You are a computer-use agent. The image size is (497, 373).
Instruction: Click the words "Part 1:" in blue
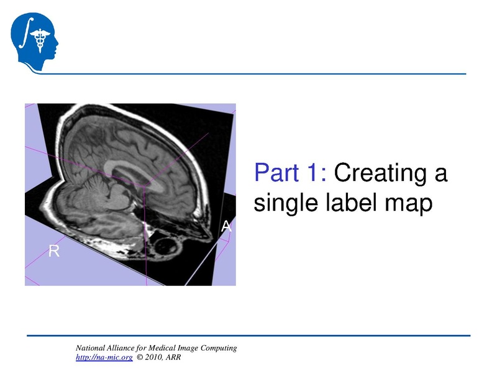(291, 173)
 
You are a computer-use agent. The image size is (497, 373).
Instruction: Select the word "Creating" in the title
(391, 173)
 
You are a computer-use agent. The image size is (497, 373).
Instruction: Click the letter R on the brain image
(54, 251)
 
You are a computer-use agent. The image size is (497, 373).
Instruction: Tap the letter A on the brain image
(226, 228)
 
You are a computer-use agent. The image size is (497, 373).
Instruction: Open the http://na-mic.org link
(104, 357)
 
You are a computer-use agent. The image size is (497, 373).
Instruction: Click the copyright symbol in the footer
(140, 357)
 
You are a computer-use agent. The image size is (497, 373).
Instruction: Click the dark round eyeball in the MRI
(166, 246)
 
